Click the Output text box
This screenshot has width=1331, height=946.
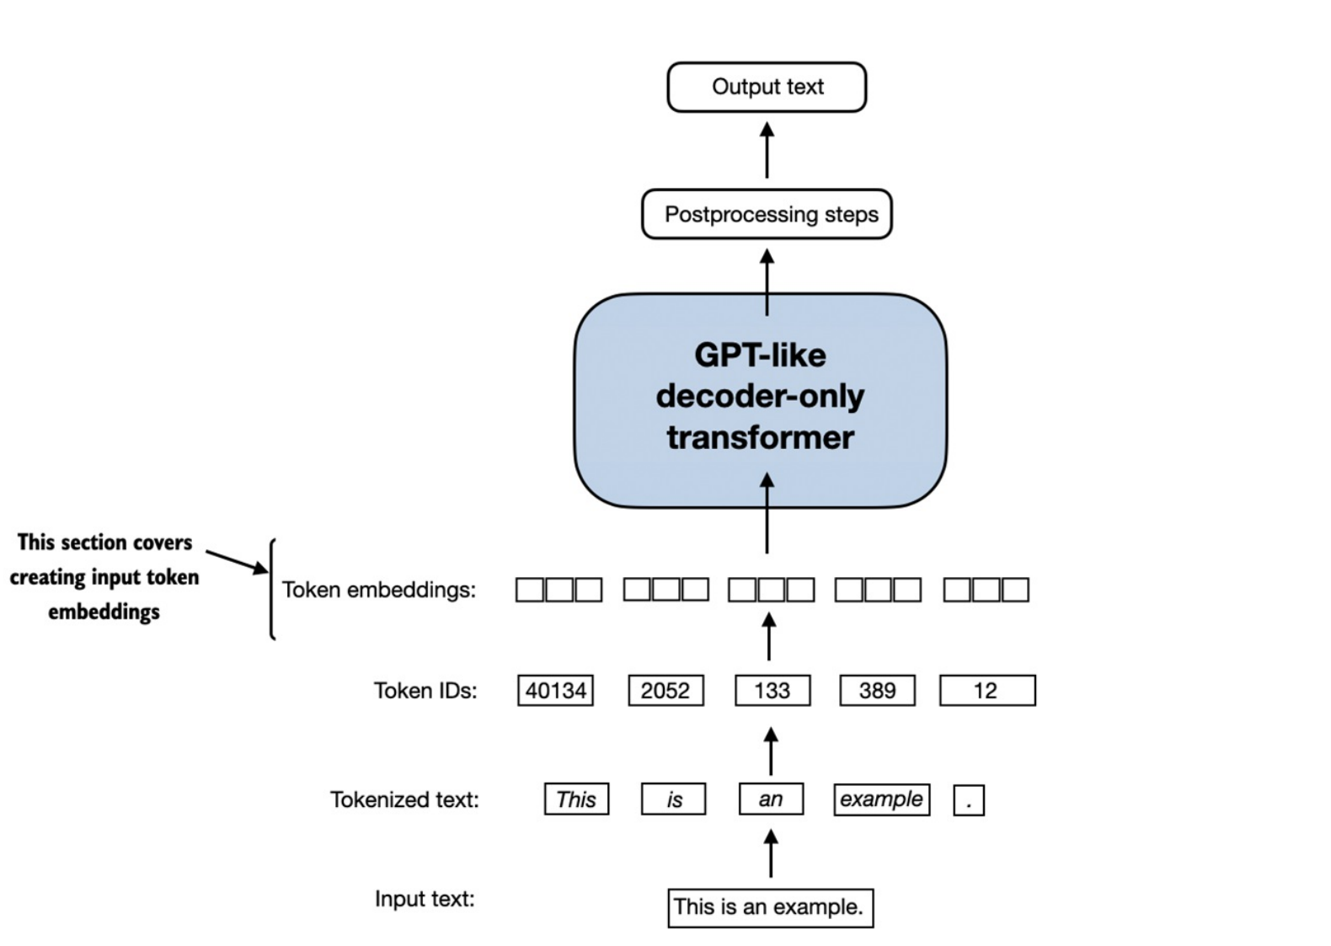click(x=767, y=87)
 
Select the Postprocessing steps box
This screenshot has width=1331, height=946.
click(x=767, y=214)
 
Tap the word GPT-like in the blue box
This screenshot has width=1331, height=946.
click(x=760, y=355)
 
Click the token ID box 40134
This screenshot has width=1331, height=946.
click(x=555, y=691)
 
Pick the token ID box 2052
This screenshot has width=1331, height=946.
click(x=665, y=691)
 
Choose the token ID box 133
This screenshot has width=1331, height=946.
click(x=772, y=691)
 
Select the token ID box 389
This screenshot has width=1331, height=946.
click(x=877, y=691)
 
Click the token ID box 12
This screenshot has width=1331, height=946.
click(x=987, y=691)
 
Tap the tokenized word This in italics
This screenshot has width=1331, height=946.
click(x=576, y=799)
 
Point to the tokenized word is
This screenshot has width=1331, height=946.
click(x=674, y=799)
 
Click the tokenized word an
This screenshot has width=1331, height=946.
click(x=771, y=799)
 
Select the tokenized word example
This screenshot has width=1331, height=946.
click(x=881, y=799)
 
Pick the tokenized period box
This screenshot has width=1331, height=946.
click(x=969, y=800)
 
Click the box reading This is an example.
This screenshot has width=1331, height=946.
click(x=770, y=907)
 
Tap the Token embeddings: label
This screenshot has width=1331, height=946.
click(x=378, y=590)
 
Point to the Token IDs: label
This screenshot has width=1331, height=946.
click(x=425, y=691)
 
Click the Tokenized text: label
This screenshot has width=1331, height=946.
click(x=404, y=799)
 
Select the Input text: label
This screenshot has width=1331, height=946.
click(x=425, y=899)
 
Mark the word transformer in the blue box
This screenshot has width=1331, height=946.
click(x=760, y=437)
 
